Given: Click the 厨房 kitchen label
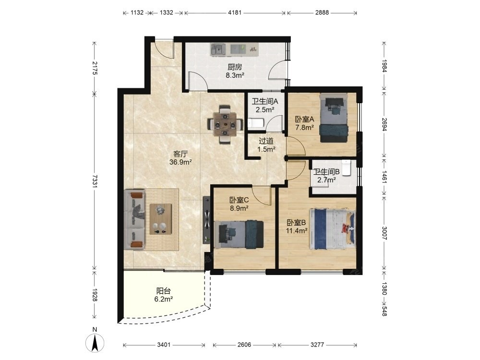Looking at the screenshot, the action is pos(235,67).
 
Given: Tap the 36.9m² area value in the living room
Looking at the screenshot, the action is pos(180,162).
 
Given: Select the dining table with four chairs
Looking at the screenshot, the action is pos(225,124).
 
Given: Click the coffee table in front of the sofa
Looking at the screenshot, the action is pos(160,219).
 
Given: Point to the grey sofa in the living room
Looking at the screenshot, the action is pos(135,219).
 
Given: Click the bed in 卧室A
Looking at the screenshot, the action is pos(334,118).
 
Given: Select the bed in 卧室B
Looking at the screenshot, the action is pos(333,229).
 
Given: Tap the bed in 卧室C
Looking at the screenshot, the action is pos(239,234).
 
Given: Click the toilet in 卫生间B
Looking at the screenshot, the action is pos(346,168).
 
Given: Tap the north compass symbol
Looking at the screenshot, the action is pos(95,342).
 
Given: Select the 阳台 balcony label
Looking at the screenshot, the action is pos(164,291).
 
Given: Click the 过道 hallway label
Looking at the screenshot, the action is pos(266,141).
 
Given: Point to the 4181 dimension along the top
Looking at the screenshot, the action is pos(235,12).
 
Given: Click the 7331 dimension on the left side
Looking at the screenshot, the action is pos(95,181).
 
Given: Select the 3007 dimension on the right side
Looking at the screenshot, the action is pos(384,233).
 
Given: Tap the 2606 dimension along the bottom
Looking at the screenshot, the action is pos(244,345).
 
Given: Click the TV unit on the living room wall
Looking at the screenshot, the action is pos(206,220).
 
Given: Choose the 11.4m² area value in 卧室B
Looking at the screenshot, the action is pos(297,231).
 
